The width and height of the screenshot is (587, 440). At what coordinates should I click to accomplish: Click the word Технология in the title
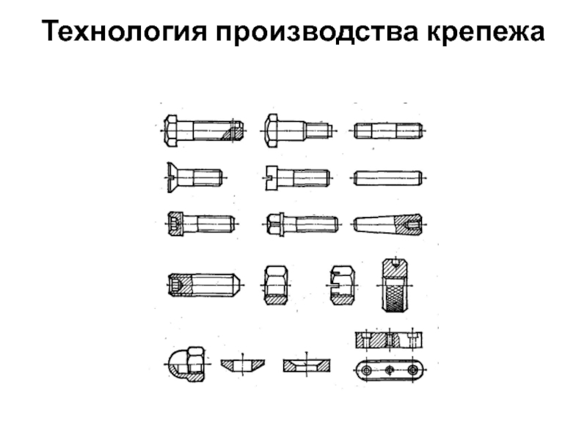coord(124,31)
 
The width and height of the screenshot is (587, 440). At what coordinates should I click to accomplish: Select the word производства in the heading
coord(317,32)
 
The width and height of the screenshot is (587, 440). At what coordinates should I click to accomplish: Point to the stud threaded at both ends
coord(388,131)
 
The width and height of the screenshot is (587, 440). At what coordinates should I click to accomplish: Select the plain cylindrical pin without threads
coord(388,177)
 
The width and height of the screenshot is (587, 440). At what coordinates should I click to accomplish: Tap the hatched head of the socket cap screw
coord(175,224)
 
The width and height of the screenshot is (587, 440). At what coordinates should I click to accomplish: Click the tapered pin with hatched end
coord(388,224)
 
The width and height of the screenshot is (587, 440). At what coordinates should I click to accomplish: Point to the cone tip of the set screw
coord(238,285)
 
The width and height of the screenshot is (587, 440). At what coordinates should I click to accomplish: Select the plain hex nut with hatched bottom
coord(276,285)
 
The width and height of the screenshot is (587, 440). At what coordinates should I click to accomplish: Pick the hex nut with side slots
coord(342,285)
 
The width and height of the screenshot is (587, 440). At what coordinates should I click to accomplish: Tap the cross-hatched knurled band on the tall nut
coord(395,296)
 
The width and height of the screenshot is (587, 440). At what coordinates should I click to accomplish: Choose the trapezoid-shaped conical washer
coord(243,365)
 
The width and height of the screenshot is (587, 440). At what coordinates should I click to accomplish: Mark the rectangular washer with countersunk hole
coord(307,365)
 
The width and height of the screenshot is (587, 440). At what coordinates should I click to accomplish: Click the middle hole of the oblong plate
coord(390,370)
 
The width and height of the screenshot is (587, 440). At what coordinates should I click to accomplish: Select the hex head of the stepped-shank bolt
coord(271,131)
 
